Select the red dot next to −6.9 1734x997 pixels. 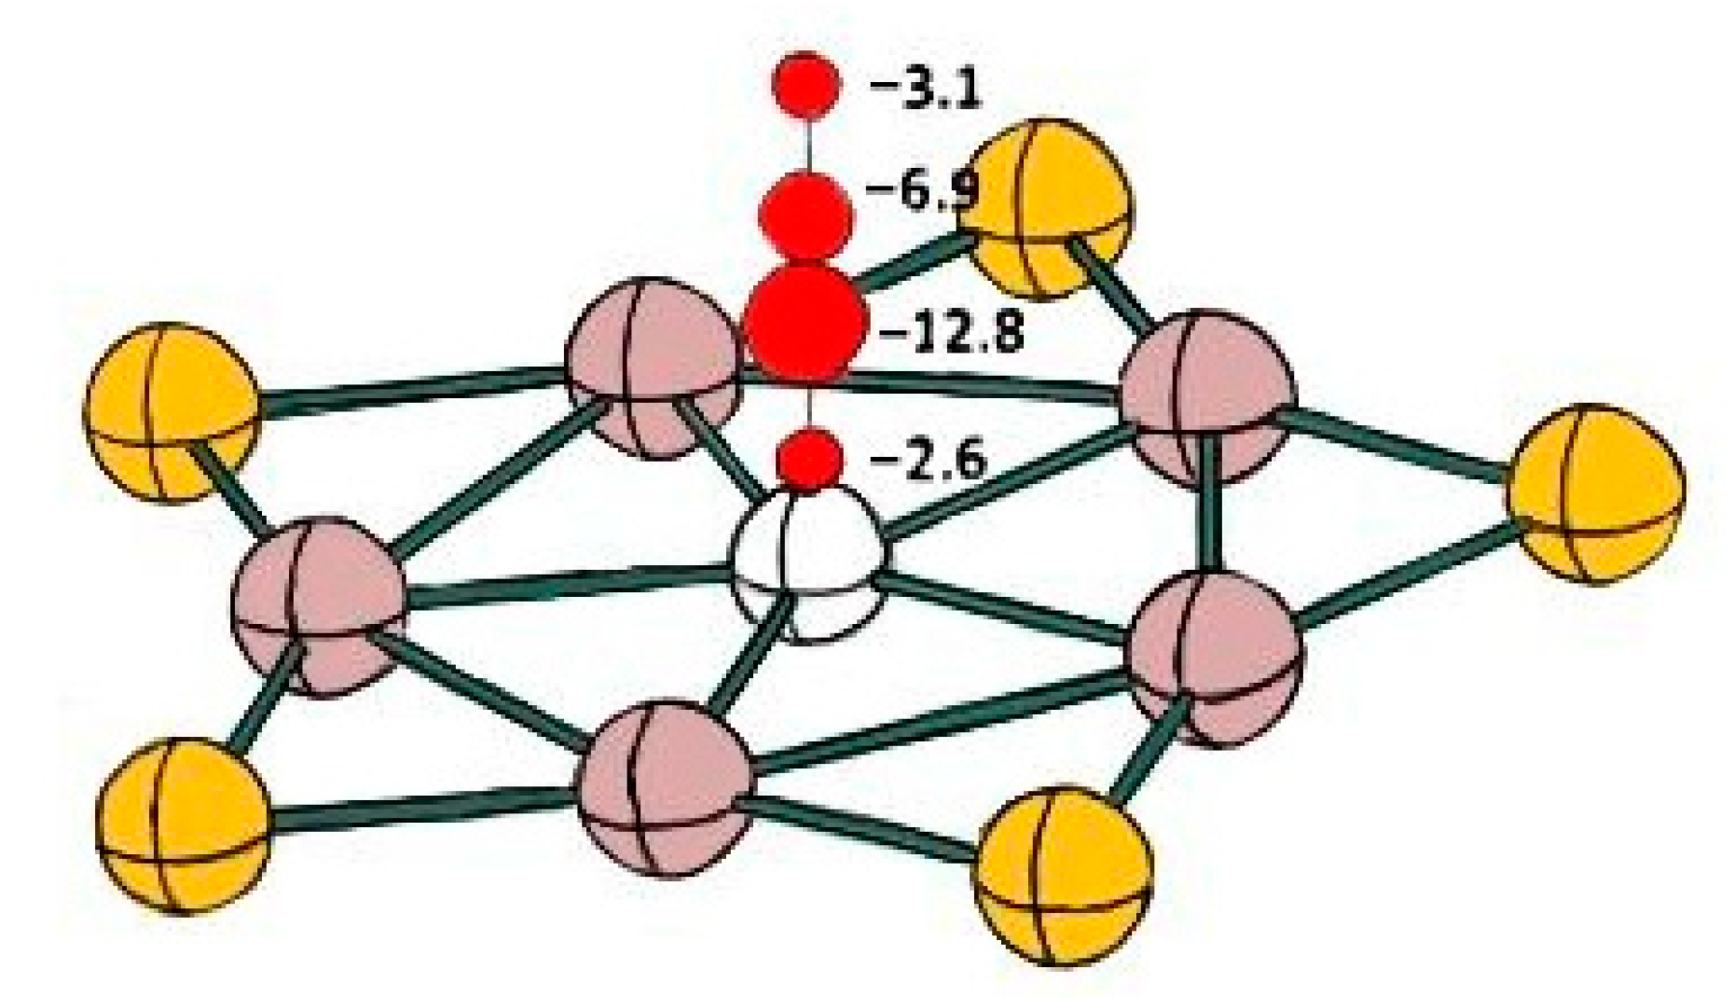click(x=807, y=215)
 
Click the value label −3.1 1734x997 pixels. click(x=925, y=91)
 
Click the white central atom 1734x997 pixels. click(x=807, y=564)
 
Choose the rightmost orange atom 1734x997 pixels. click(x=1595, y=493)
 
